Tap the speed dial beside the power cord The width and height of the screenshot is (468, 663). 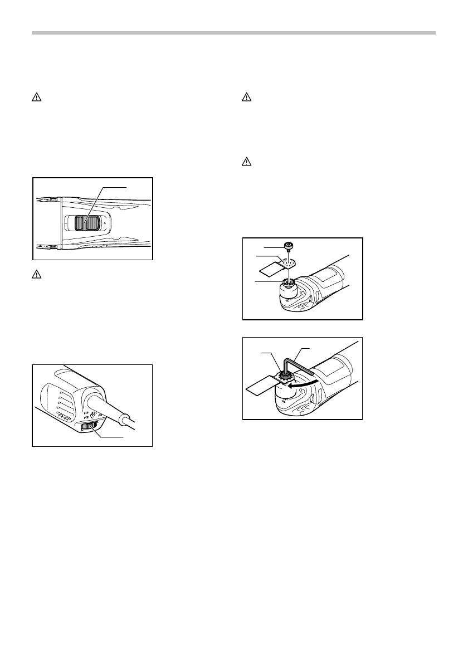tap(89, 427)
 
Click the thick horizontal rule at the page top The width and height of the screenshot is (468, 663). tap(233, 33)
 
